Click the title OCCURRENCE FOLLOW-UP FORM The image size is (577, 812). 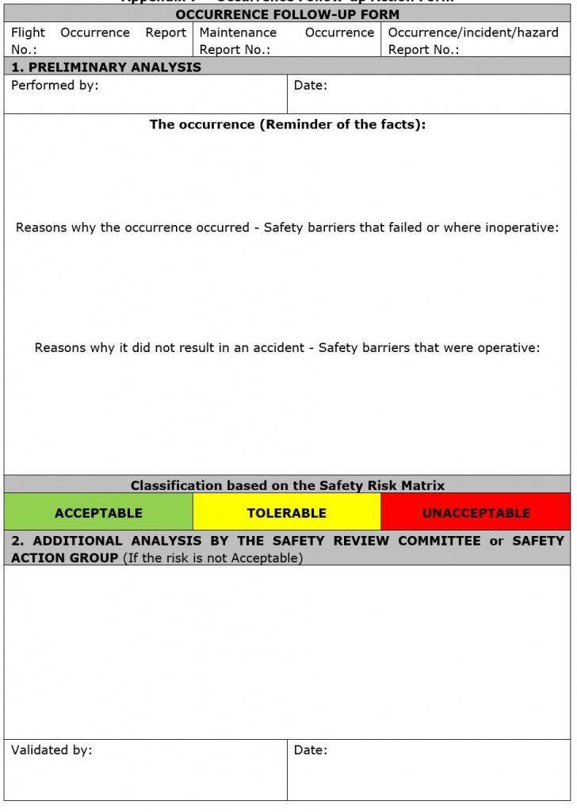pyautogui.click(x=287, y=14)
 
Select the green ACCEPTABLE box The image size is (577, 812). pyautogui.click(x=98, y=512)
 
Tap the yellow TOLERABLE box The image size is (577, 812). pyautogui.click(x=286, y=512)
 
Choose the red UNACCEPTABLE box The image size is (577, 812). pyautogui.click(x=476, y=512)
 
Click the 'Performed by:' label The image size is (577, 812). pyautogui.click(x=55, y=85)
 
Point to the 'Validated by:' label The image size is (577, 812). pyautogui.click(x=52, y=749)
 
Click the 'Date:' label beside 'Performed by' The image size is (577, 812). pyautogui.click(x=310, y=85)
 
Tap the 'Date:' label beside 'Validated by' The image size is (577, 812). pyautogui.click(x=310, y=749)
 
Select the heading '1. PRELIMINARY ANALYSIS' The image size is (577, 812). pyautogui.click(x=106, y=67)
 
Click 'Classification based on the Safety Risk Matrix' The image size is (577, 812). pyautogui.click(x=287, y=485)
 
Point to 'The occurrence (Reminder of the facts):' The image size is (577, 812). pyautogui.click(x=287, y=124)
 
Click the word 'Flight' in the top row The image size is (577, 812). pyautogui.click(x=29, y=33)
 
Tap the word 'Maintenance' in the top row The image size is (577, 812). pyautogui.click(x=238, y=33)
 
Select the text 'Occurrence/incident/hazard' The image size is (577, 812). pyautogui.click(x=473, y=33)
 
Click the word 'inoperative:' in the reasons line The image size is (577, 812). pyautogui.click(x=524, y=228)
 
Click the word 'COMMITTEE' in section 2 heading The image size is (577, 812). pyautogui.click(x=439, y=541)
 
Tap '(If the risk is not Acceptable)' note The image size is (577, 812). pyautogui.click(x=212, y=557)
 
